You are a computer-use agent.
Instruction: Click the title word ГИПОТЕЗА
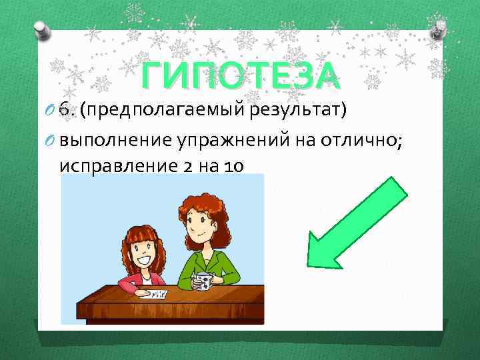[x=240, y=76]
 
